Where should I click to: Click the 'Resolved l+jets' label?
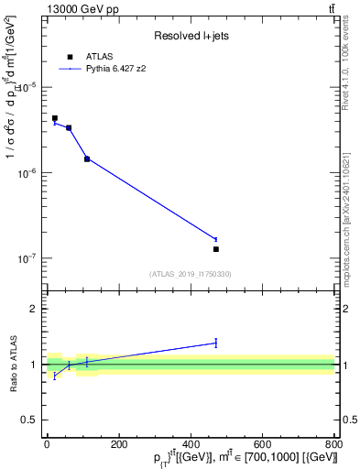pyautogui.click(x=190, y=36)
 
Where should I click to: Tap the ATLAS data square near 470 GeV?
pyautogui.click(x=216, y=249)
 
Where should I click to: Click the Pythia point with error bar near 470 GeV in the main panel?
pyautogui.click(x=216, y=239)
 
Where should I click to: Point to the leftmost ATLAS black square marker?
pyautogui.click(x=55, y=118)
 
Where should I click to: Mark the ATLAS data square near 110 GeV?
pyautogui.click(x=87, y=159)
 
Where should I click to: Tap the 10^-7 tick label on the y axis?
pyautogui.click(x=26, y=259)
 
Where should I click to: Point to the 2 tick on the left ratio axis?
pyautogui.click(x=33, y=309)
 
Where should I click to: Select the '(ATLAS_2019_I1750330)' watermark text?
pyautogui.click(x=191, y=274)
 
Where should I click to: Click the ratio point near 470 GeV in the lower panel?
pyautogui.click(x=216, y=343)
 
